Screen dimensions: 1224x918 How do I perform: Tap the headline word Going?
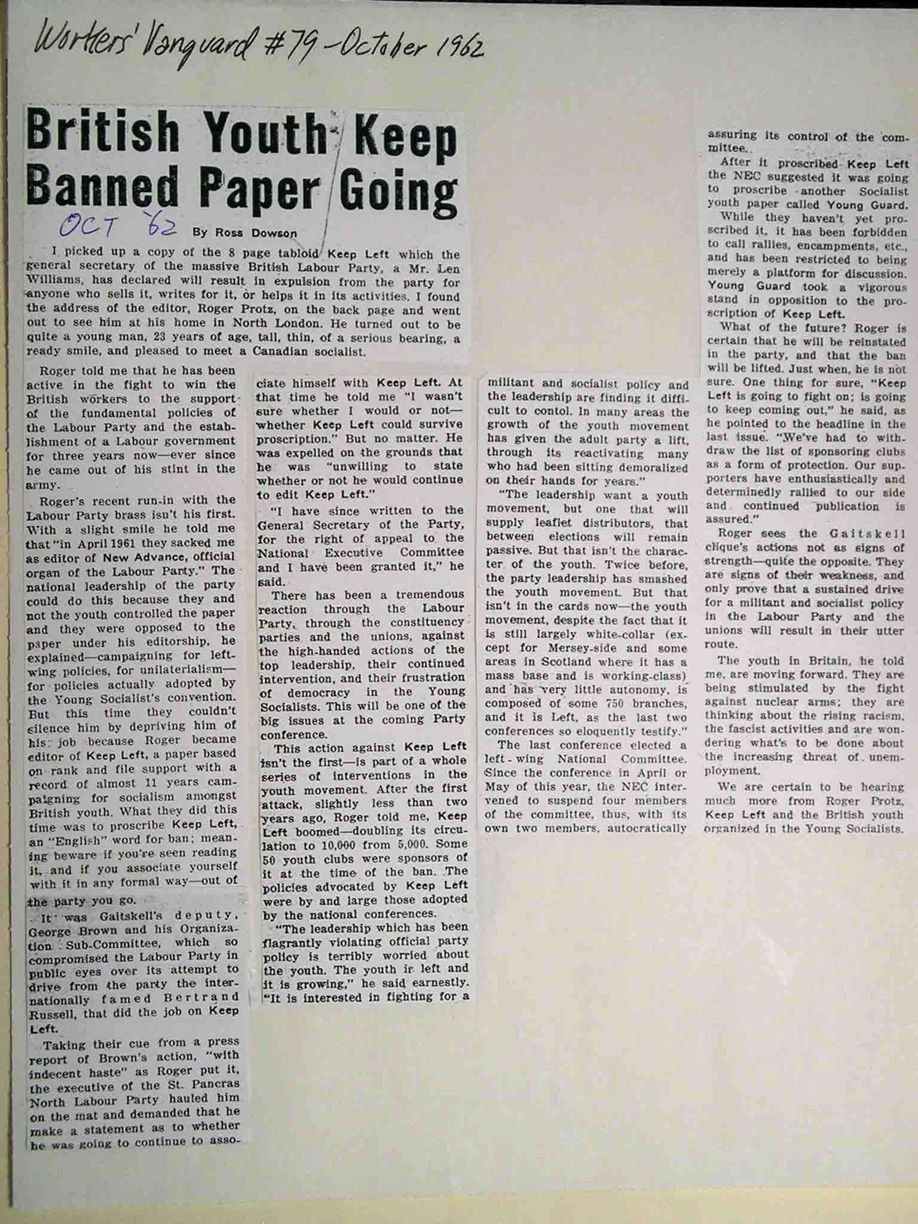coord(397,186)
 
